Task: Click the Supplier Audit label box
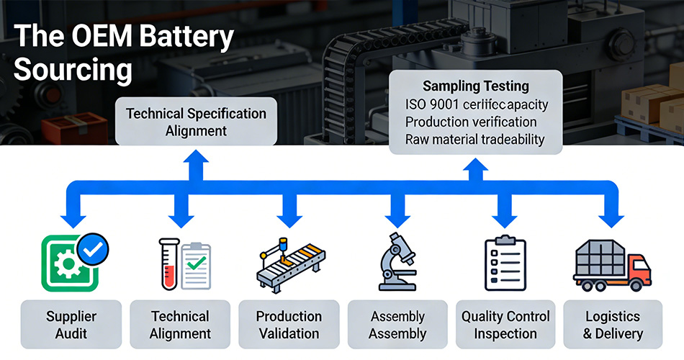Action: tap(71, 325)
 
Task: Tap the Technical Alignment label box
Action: tap(181, 325)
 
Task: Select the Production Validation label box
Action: tap(289, 325)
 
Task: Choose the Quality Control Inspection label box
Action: tap(505, 325)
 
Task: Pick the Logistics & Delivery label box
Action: tap(613, 325)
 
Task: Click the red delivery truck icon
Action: tap(611, 266)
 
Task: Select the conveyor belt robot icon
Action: tap(288, 264)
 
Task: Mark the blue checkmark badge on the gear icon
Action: tap(91, 249)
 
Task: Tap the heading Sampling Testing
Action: tap(476, 86)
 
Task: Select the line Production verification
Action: tap(471, 122)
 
